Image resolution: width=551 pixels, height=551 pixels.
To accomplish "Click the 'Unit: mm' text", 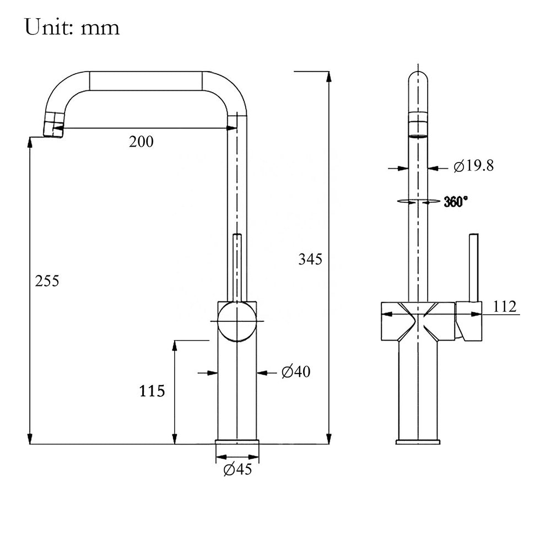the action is pyautogui.click(x=72, y=28).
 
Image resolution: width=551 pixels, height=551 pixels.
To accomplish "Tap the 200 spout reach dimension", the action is pyautogui.click(x=141, y=142).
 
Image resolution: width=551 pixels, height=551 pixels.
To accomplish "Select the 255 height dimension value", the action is pyautogui.click(x=47, y=281).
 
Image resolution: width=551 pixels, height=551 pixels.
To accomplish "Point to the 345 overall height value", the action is pyautogui.click(x=310, y=259).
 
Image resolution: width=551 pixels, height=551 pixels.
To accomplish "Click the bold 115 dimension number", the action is pyautogui.click(x=152, y=391).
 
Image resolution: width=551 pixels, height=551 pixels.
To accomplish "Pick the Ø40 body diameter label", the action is pyautogui.click(x=296, y=371).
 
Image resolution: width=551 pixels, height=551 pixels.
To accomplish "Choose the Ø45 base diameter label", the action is pyautogui.click(x=238, y=469).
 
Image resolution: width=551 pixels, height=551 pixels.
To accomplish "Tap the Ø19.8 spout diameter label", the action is pyautogui.click(x=474, y=165).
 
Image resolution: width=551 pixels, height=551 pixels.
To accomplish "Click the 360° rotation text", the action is pyautogui.click(x=456, y=202).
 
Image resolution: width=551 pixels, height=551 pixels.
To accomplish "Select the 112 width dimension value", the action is pyautogui.click(x=505, y=306).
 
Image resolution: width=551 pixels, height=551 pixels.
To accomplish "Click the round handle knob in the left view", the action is pyautogui.click(x=237, y=321).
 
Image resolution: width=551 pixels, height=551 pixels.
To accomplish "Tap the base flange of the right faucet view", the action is pyautogui.click(x=418, y=442).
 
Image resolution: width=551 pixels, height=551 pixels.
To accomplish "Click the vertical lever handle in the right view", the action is pyautogui.click(x=474, y=267).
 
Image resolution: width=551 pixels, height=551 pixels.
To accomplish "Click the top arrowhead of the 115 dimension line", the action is pyautogui.click(x=174, y=346).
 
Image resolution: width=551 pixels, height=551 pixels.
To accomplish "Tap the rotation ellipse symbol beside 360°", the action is pyautogui.click(x=418, y=201).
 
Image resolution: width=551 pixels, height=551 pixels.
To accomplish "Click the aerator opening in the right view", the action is pyautogui.click(x=418, y=136).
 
